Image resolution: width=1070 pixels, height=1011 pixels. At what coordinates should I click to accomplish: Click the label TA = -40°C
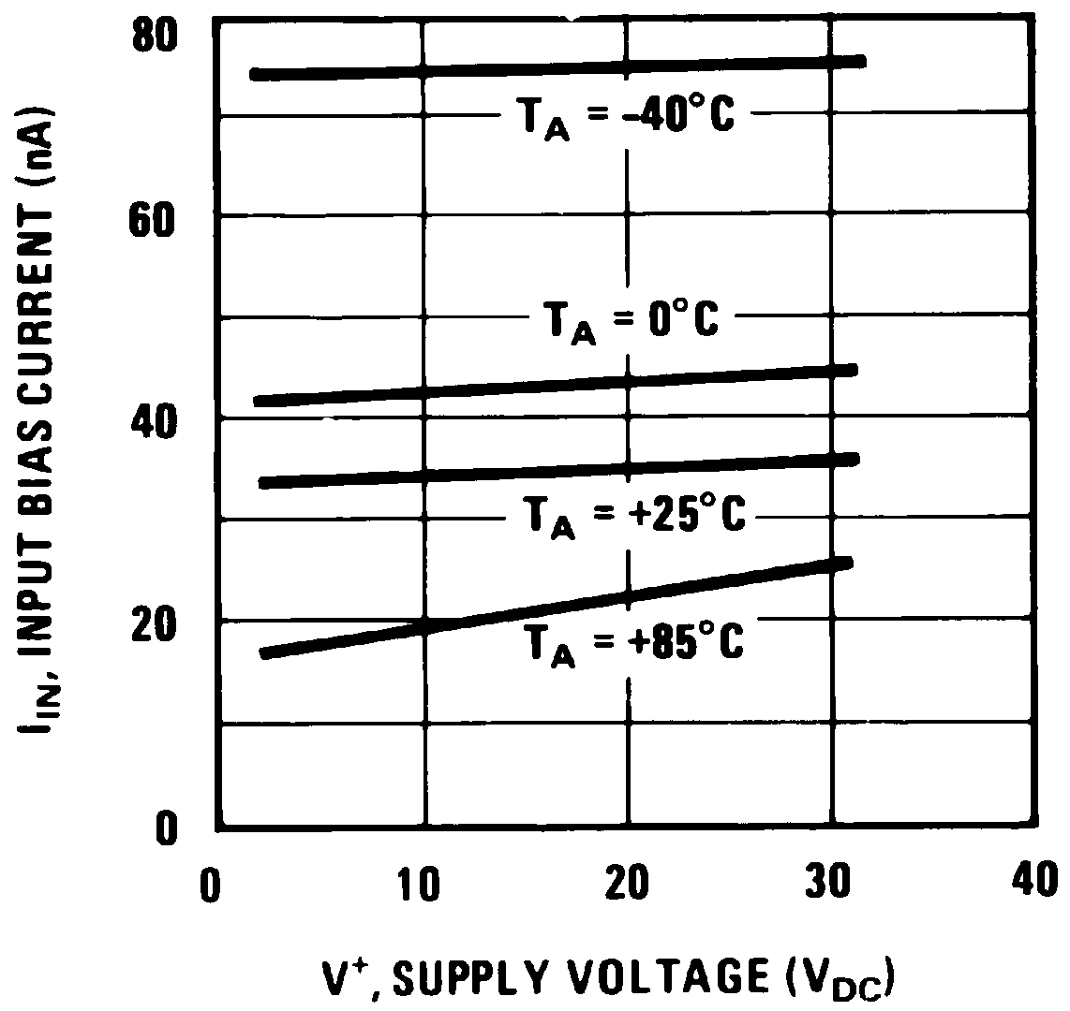pyautogui.click(x=627, y=118)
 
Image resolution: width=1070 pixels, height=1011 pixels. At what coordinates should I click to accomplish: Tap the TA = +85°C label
pyautogui.click(x=632, y=642)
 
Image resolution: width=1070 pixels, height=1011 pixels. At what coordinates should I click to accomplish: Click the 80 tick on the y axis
pyautogui.click(x=154, y=37)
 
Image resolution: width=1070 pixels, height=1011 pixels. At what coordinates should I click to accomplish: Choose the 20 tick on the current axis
pyautogui.click(x=154, y=624)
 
